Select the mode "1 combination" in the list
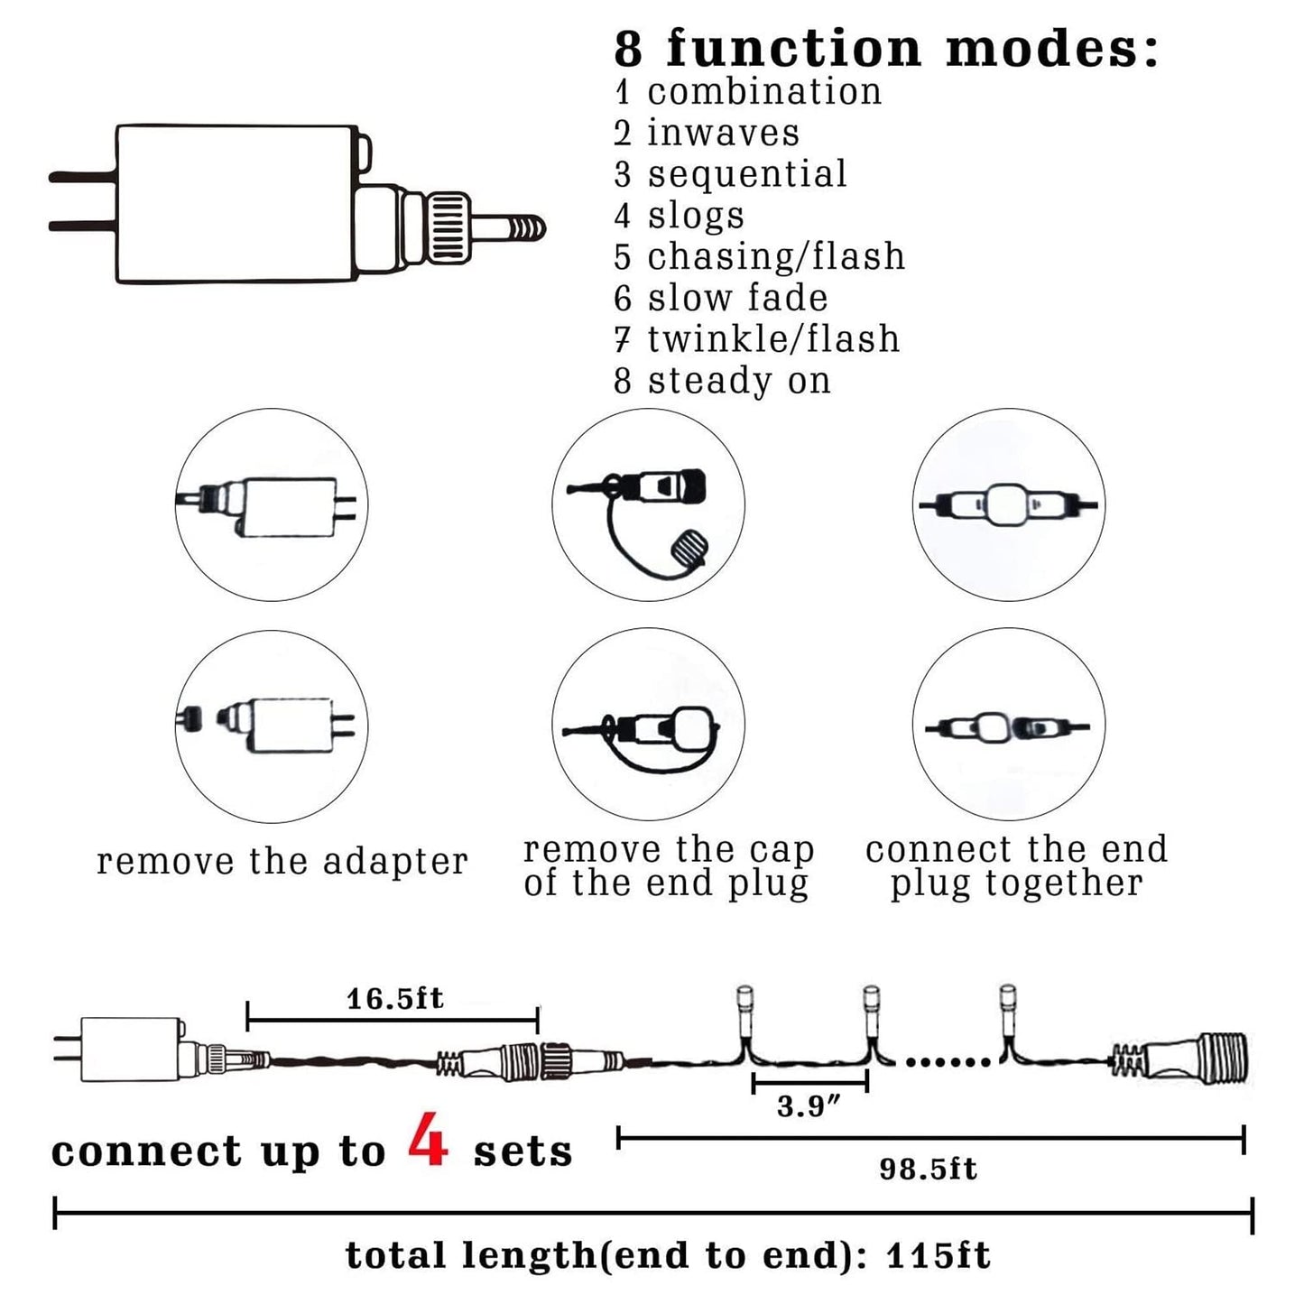click(x=747, y=92)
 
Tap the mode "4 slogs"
click(x=679, y=216)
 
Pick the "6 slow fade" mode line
click(x=720, y=298)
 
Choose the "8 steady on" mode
click(x=722, y=381)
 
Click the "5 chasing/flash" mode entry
click(x=759, y=257)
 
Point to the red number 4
click(x=428, y=1140)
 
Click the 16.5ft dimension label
click(x=394, y=998)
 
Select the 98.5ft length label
click(x=928, y=1170)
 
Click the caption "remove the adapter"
click(x=282, y=862)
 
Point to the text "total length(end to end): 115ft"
click(x=668, y=1255)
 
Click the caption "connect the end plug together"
click(x=1016, y=865)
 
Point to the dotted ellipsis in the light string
click(x=947, y=1062)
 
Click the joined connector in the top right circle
click(x=1007, y=504)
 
